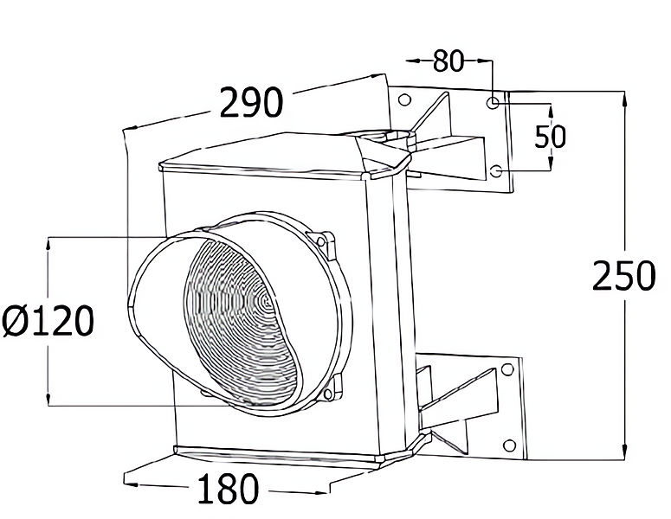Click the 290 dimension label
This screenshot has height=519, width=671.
(251, 102)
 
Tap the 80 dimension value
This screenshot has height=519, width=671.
(448, 61)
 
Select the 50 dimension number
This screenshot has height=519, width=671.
(551, 137)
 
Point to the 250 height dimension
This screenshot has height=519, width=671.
(624, 275)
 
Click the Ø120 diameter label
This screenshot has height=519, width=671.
(48, 321)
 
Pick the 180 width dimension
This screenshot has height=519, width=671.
(228, 489)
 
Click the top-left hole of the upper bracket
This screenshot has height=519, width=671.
(404, 100)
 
